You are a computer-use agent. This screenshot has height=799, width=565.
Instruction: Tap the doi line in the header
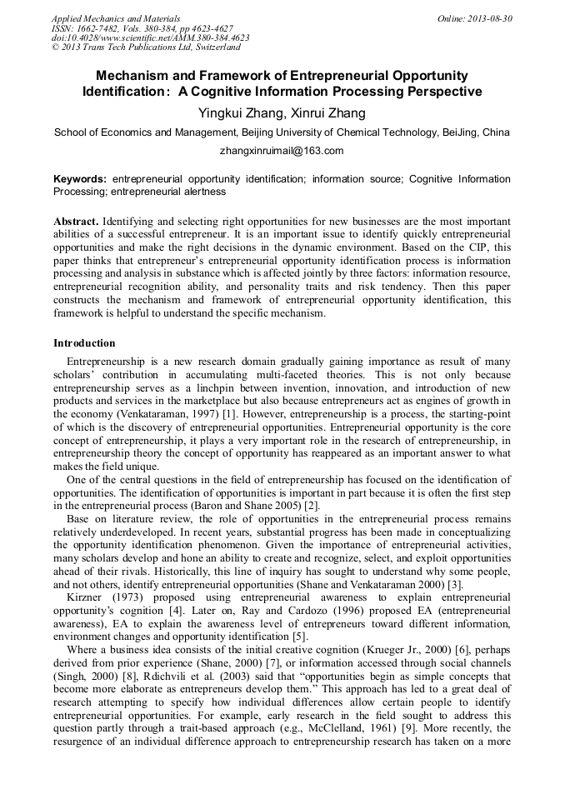pos(150,38)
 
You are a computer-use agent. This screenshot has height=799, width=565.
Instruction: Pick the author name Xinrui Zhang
pos(329,112)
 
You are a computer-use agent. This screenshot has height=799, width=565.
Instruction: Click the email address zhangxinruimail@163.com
pos(282,151)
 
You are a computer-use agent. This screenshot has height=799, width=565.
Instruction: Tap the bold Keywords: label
pos(80,179)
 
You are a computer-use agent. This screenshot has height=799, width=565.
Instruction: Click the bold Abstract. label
pos(77,222)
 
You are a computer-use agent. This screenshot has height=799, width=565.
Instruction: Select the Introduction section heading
pos(84,343)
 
